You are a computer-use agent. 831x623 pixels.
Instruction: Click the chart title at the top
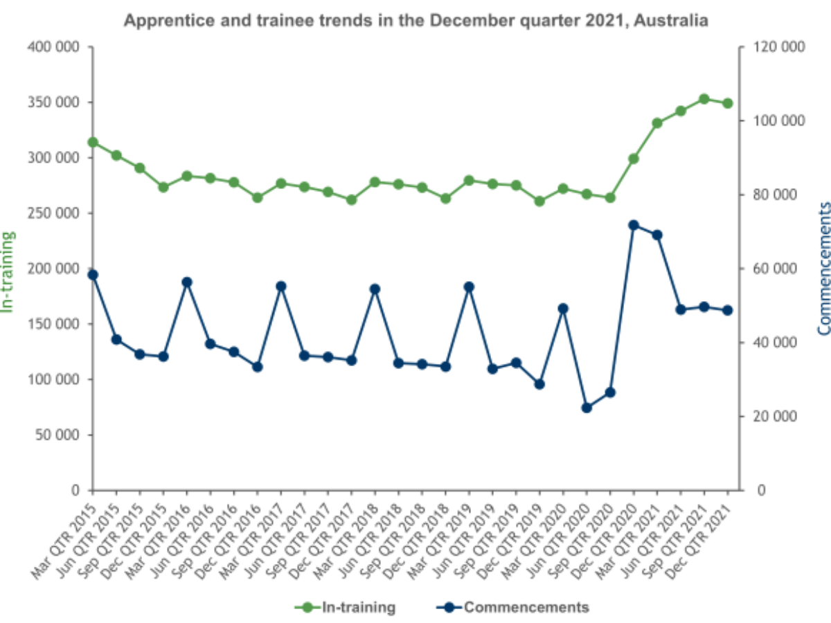pos(415,21)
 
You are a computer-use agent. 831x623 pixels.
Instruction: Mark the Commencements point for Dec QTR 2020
pos(634,225)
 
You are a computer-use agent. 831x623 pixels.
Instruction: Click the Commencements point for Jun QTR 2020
pos(587,408)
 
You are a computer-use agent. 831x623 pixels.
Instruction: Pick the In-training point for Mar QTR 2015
pos(93,143)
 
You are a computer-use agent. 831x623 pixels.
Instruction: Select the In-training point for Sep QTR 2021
pos(704,99)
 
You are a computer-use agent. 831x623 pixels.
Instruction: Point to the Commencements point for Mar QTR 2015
pos(93,275)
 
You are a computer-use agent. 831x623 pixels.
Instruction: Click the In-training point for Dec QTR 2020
pos(634,159)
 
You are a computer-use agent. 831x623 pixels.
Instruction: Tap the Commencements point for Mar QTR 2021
pos(657,235)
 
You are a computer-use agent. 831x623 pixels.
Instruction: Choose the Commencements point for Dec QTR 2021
pos(728,310)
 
